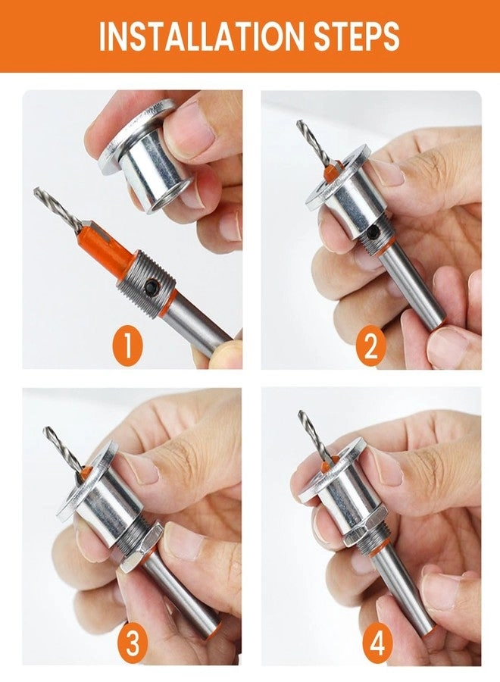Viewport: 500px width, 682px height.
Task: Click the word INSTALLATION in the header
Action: [x=195, y=36]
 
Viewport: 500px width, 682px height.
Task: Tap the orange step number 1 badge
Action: [x=128, y=346]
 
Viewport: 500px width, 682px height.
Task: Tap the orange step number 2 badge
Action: [x=370, y=346]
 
